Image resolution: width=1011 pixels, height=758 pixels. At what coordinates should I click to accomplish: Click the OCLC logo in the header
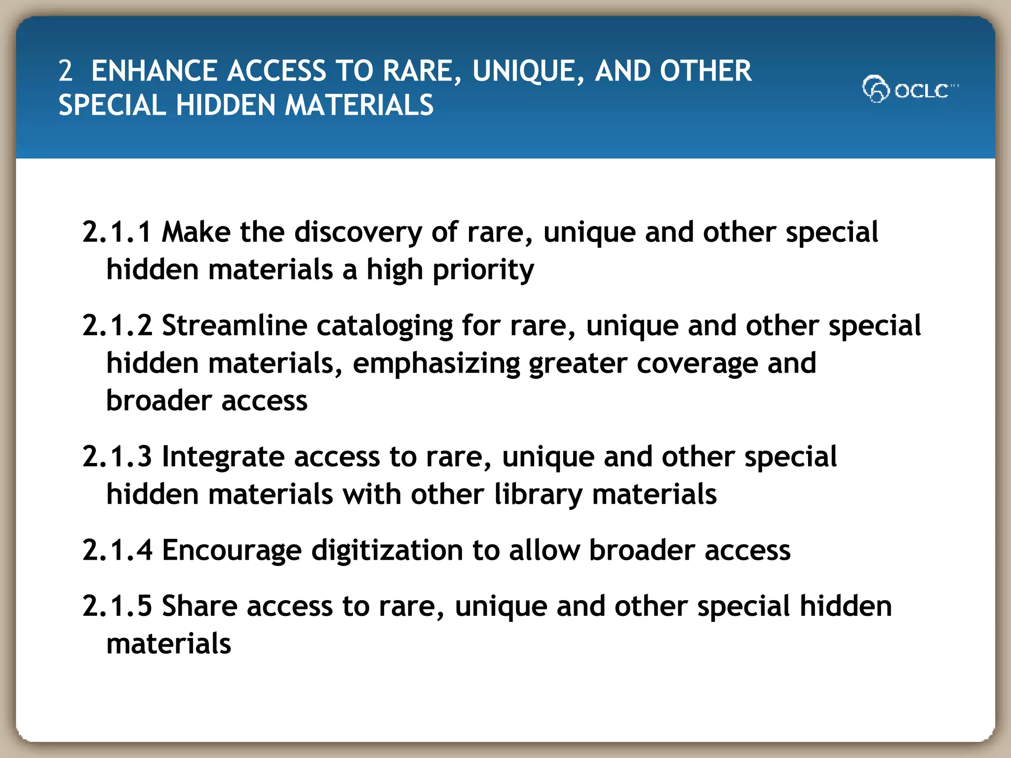click(909, 89)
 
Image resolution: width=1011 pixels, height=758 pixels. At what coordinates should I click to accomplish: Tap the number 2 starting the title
click(65, 71)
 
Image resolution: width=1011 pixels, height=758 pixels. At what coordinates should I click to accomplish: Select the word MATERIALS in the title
click(359, 106)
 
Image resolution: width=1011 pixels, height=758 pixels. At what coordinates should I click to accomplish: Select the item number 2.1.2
click(117, 326)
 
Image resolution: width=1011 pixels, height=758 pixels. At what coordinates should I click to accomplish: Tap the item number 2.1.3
click(117, 456)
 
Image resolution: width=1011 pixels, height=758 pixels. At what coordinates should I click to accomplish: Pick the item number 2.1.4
click(117, 550)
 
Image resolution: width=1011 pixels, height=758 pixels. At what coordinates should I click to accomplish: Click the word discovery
click(358, 233)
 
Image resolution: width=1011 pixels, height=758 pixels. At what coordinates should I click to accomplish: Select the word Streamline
click(234, 326)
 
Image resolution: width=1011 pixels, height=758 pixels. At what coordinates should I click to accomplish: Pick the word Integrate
click(223, 457)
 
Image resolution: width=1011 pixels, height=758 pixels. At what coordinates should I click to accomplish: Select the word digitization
click(387, 551)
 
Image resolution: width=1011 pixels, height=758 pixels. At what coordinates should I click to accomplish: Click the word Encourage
click(232, 551)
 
